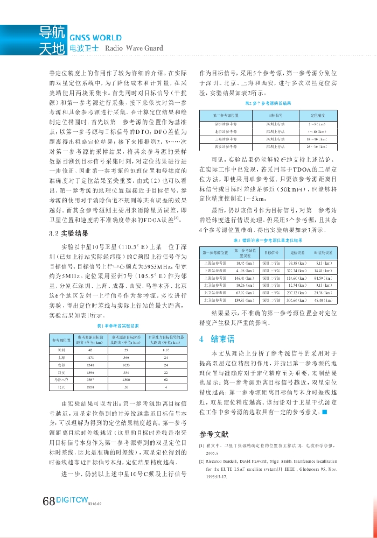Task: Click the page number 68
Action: coord(48,501)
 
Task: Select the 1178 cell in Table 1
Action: coord(89,357)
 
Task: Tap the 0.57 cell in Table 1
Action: coord(166,350)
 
